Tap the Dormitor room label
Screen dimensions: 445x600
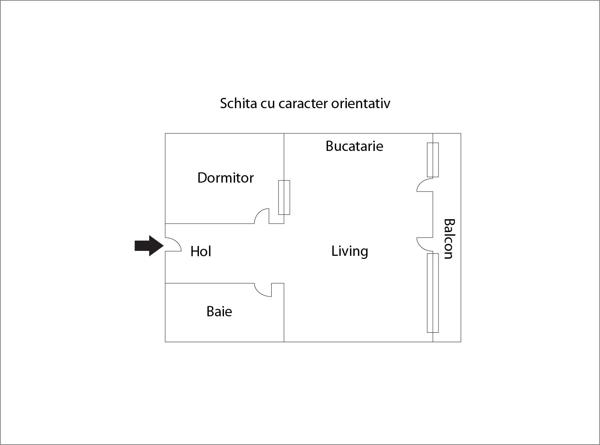(x=225, y=178)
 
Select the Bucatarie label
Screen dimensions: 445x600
(x=354, y=146)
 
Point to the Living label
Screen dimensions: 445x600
(x=349, y=251)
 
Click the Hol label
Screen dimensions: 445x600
(x=201, y=251)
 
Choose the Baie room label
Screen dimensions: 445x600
(x=219, y=311)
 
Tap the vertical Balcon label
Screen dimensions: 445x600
(x=449, y=239)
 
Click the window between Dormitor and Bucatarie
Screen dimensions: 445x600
(x=284, y=197)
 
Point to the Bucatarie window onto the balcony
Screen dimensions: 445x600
(x=433, y=160)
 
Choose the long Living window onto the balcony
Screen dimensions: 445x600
(x=433, y=293)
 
